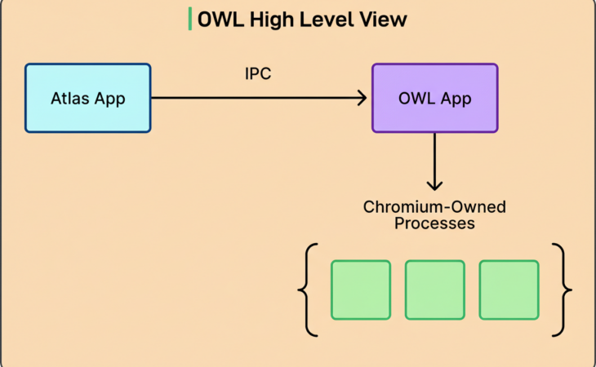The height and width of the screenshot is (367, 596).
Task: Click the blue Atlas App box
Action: pyautogui.click(x=88, y=98)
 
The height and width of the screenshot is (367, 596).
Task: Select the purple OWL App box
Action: pyautogui.click(x=434, y=98)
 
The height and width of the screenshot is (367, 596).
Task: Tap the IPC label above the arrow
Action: pyautogui.click(x=258, y=74)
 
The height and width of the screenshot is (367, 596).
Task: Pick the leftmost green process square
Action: pyautogui.click(x=361, y=290)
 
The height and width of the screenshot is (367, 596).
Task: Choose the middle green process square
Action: pyautogui.click(x=434, y=290)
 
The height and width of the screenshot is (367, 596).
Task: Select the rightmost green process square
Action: pyautogui.click(x=509, y=290)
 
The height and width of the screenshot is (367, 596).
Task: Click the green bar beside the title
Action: pyautogui.click(x=190, y=19)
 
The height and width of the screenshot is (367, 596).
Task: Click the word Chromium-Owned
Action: pyautogui.click(x=434, y=206)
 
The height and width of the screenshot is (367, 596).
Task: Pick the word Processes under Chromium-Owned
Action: pyautogui.click(x=434, y=223)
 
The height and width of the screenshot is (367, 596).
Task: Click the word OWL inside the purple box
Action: pyautogui.click(x=416, y=98)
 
